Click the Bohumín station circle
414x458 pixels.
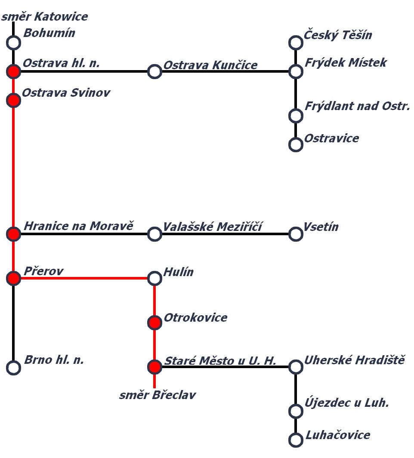tap(14, 43)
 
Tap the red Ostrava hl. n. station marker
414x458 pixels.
tap(14, 72)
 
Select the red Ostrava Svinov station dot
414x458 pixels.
tap(14, 101)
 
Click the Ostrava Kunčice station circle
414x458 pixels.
tap(154, 72)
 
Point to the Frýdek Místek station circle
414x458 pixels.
tap(296, 72)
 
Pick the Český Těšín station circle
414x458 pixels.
tap(296, 43)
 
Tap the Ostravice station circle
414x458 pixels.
tap(296, 145)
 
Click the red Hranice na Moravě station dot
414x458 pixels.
tap(14, 234)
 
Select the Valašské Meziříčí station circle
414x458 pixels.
tap(154, 234)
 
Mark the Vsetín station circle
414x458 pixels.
tap(296, 234)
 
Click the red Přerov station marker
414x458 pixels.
tap(14, 279)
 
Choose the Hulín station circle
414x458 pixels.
tap(154, 279)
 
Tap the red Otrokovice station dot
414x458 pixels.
tap(154, 323)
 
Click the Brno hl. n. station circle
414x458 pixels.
tap(14, 368)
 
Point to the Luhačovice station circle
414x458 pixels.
tap(296, 440)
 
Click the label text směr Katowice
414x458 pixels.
tap(45, 17)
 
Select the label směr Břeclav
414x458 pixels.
tap(158, 395)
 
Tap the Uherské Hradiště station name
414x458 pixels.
tap(354, 360)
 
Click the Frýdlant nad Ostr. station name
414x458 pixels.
tap(357, 106)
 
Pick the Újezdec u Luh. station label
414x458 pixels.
tap(347, 403)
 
